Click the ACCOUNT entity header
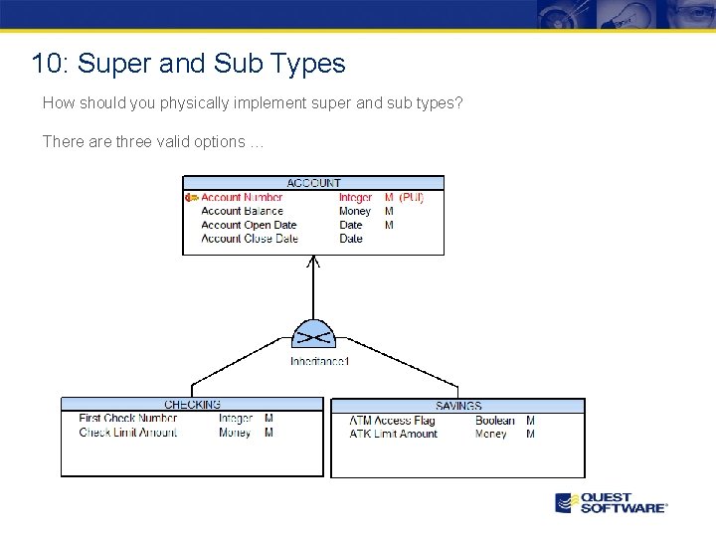click(x=313, y=183)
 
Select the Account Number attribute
click(x=242, y=198)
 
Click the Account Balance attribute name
click(x=242, y=211)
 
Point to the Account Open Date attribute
click(x=249, y=225)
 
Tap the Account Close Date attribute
click(x=249, y=239)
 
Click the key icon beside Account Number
click(x=191, y=198)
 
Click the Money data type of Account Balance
click(x=354, y=211)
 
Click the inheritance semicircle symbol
click(x=314, y=334)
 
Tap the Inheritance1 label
click(x=319, y=361)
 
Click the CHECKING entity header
click(x=192, y=405)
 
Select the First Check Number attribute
click(x=127, y=419)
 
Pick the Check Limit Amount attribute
click(x=127, y=433)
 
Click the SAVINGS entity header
click(x=457, y=406)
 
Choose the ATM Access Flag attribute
click(x=392, y=421)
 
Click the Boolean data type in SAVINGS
click(x=494, y=421)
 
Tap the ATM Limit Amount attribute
click(x=393, y=434)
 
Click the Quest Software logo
click(x=611, y=502)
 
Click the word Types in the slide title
click(x=304, y=64)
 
